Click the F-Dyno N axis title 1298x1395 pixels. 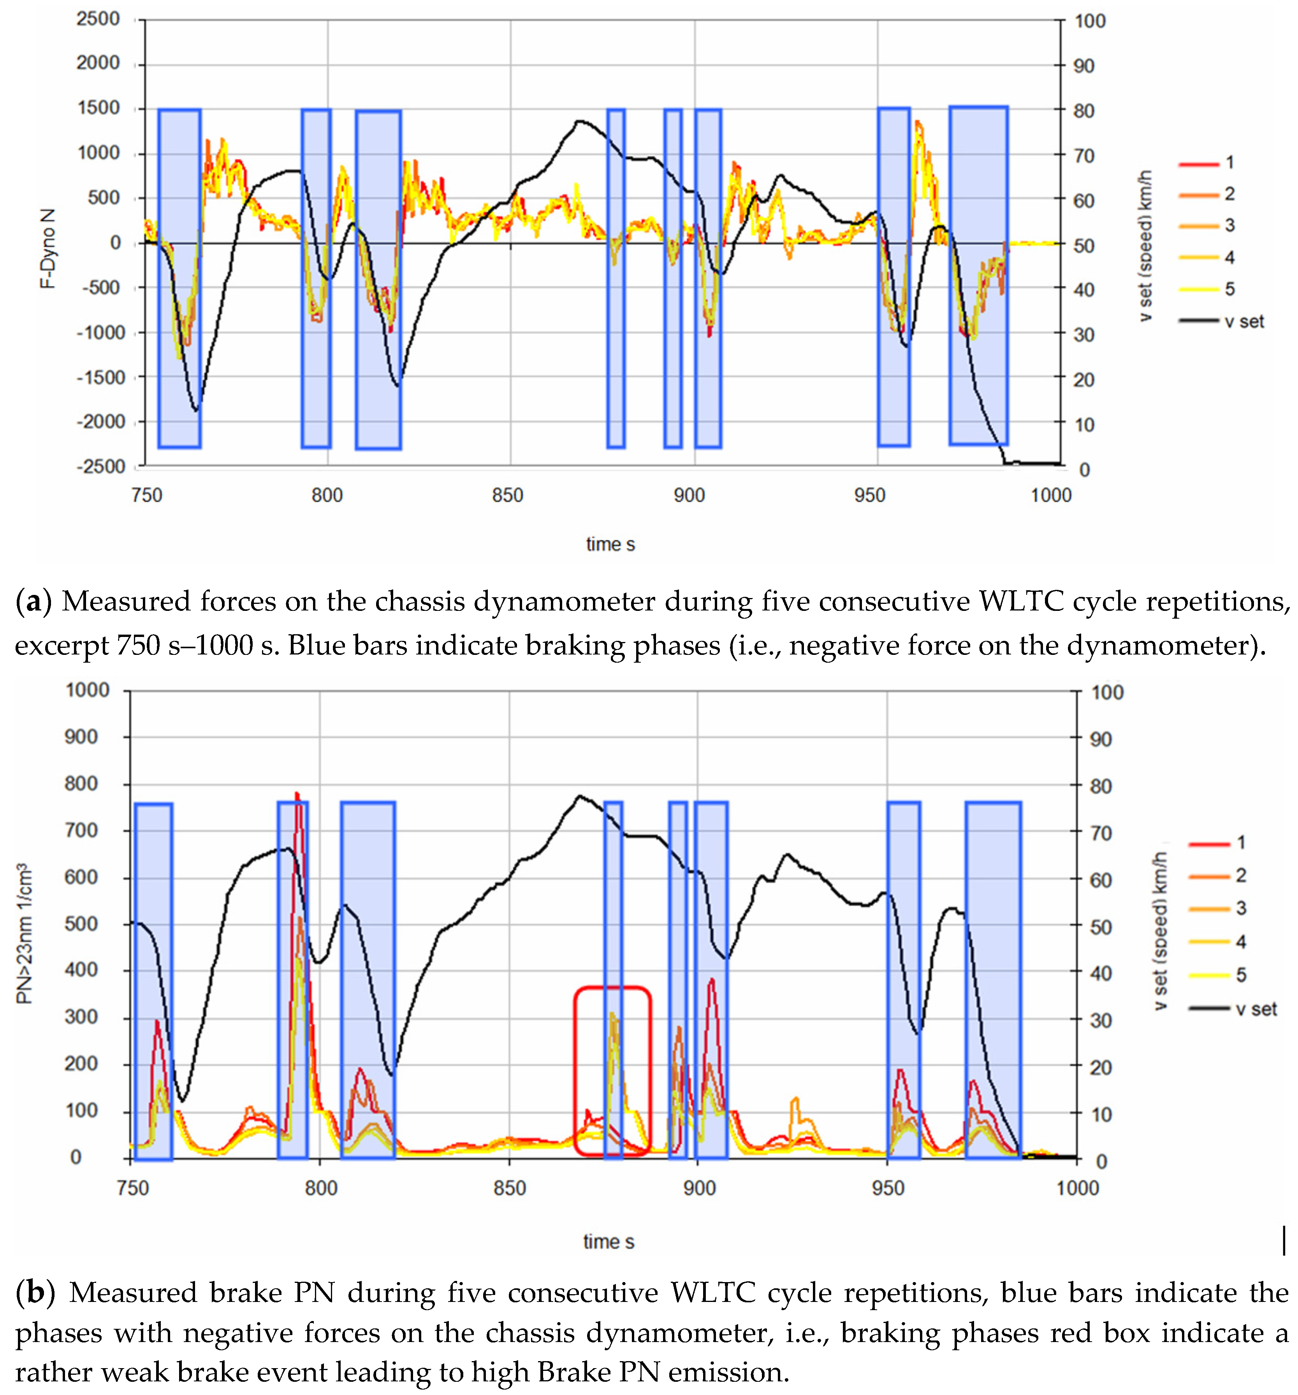48,249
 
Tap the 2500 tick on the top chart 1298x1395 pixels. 98,19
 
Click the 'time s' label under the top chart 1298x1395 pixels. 610,544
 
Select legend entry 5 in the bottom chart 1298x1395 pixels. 1240,975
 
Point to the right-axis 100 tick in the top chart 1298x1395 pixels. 1090,21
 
